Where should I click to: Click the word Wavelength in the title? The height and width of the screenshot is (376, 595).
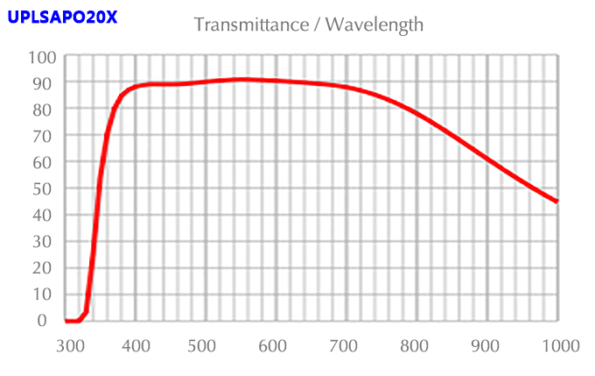tap(374, 25)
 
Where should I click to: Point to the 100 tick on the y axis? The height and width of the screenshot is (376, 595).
tap(42, 57)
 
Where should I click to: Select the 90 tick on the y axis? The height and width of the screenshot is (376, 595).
tap(45, 83)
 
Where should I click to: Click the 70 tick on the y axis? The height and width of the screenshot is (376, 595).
tap(45, 136)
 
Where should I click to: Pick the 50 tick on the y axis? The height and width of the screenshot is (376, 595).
tap(45, 188)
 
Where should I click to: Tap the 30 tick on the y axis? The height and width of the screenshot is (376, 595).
tap(45, 241)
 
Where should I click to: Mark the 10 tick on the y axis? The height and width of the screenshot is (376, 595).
tap(45, 294)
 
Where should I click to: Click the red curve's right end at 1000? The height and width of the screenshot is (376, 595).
tap(556, 201)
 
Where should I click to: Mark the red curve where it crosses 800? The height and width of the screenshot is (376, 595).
tap(417, 113)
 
